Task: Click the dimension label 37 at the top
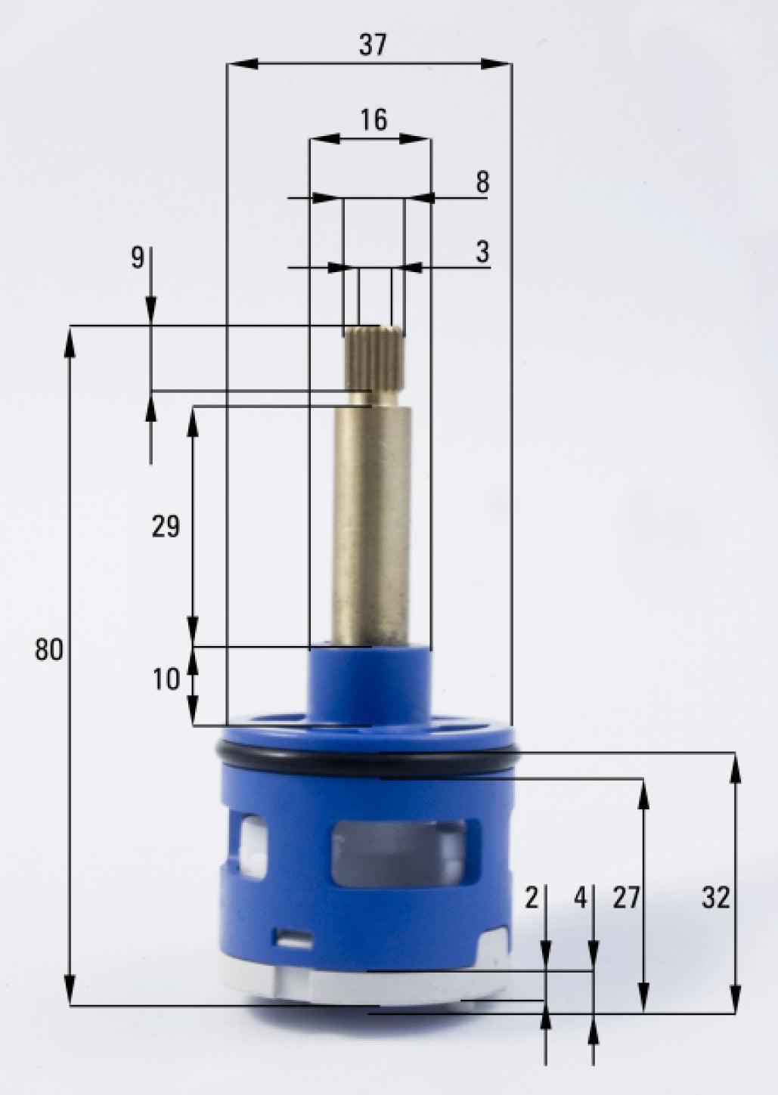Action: (x=372, y=45)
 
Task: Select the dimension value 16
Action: (x=374, y=119)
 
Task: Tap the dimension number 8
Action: (x=482, y=182)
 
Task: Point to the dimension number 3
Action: (x=482, y=252)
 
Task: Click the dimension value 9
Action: (x=137, y=258)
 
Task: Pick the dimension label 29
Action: (x=166, y=526)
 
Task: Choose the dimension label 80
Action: (x=49, y=649)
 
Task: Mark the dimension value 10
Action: (x=166, y=679)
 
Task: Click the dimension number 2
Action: (x=532, y=899)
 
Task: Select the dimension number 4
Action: (x=580, y=899)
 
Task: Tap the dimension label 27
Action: (x=625, y=899)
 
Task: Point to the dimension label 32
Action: (x=715, y=898)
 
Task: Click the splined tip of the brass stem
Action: (x=374, y=357)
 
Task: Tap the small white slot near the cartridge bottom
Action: (x=294, y=939)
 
